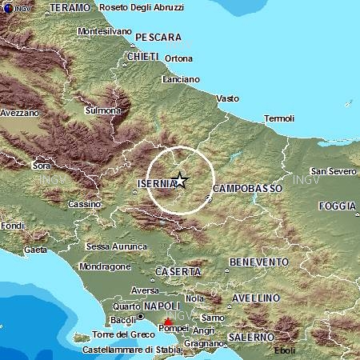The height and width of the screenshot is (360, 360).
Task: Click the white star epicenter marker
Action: [x=181, y=180]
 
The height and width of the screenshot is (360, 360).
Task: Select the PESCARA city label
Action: [x=158, y=37]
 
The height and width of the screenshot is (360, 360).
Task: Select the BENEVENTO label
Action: [x=258, y=262]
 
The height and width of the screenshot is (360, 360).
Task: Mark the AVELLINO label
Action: [x=255, y=298]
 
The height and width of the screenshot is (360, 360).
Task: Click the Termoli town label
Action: [x=279, y=119]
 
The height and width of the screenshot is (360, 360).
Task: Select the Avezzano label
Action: [x=19, y=113]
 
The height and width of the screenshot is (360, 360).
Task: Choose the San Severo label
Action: [x=333, y=171]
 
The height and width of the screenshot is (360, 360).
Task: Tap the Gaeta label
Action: [x=36, y=250]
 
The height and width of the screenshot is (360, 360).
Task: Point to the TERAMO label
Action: [x=70, y=6]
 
